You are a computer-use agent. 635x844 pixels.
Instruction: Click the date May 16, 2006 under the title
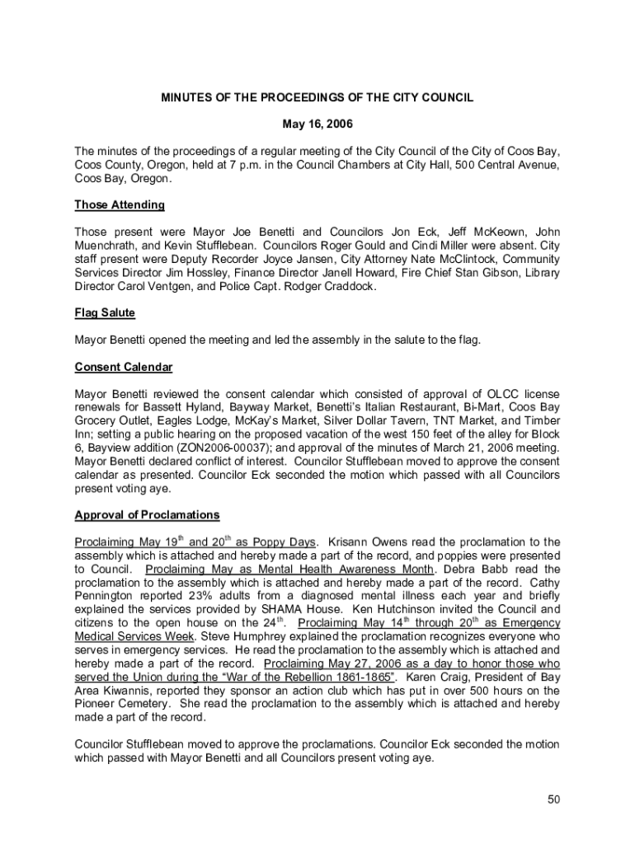(317, 124)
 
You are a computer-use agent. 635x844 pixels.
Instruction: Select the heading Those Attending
(120, 204)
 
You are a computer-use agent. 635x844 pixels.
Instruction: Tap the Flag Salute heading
(105, 312)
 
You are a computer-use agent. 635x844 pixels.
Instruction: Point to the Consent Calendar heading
(123, 367)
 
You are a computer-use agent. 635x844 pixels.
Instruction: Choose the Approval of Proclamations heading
(147, 515)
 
